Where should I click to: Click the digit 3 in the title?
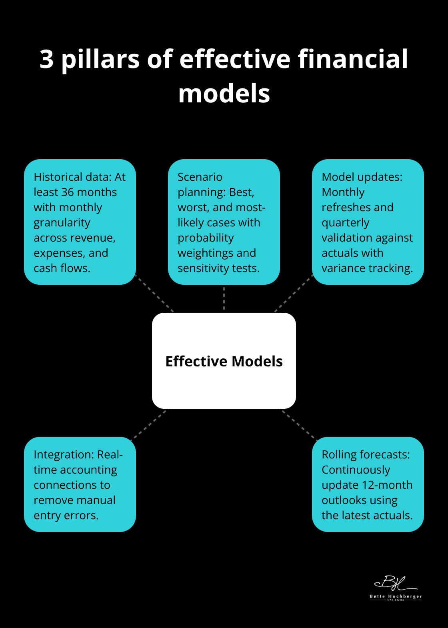pos(47,59)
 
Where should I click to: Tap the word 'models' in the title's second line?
pos(224,94)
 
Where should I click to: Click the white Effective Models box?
pos(224,384)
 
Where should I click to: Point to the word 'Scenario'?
pos(200,177)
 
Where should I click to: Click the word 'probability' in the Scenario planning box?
pos(206,238)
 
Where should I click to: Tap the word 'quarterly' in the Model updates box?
pos(345,223)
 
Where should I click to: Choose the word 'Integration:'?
pos(64,455)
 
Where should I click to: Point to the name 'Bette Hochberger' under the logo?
pos(396,596)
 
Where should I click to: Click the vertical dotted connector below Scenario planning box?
pos(224,298)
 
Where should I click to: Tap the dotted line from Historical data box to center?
pos(155,294)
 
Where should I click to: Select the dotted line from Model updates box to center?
pos(293,294)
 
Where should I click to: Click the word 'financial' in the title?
pos(353,59)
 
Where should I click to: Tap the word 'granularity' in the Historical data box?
pos(62,223)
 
